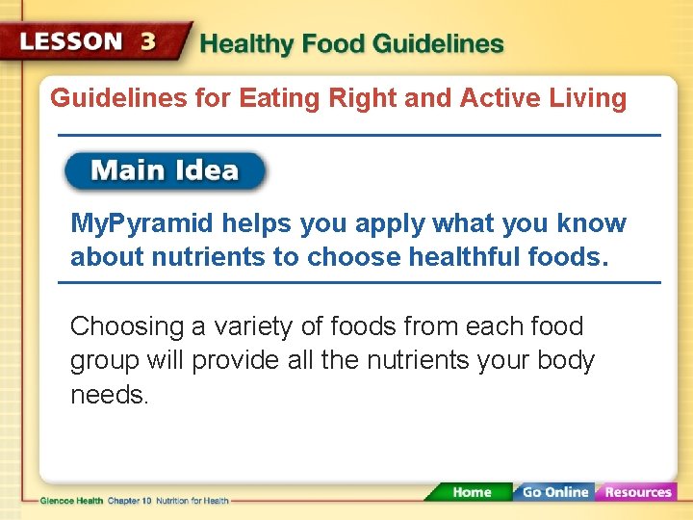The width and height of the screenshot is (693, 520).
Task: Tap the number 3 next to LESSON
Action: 148,42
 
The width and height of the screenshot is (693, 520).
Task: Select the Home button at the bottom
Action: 472,492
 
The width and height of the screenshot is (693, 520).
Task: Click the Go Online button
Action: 554,492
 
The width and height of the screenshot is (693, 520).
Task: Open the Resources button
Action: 636,492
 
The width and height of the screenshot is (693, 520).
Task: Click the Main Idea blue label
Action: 165,171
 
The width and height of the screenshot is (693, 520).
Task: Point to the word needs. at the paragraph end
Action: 110,395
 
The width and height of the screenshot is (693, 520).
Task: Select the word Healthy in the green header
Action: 244,44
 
